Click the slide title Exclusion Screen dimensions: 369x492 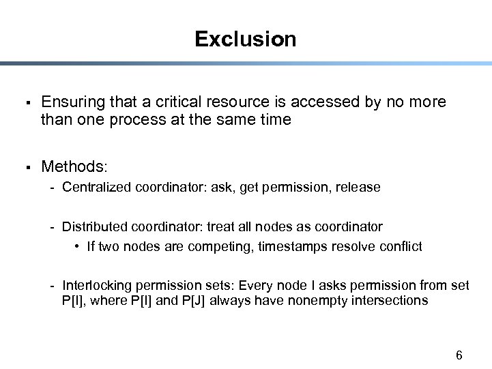coord(245,39)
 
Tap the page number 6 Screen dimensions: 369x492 coord(459,355)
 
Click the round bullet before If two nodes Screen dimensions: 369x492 coord(79,246)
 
